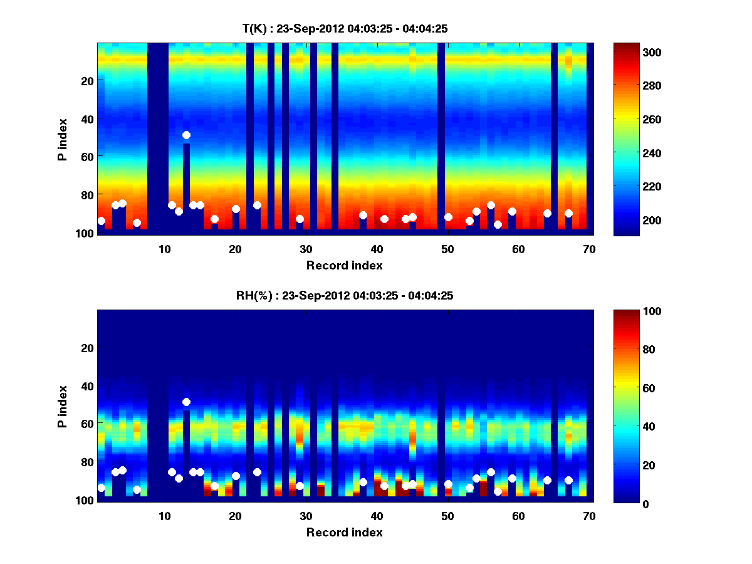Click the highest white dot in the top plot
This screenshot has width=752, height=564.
click(x=186, y=135)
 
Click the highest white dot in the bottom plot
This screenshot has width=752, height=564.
click(x=186, y=402)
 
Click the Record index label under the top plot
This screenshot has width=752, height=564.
click(x=344, y=266)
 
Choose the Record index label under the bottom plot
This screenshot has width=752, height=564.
click(x=344, y=533)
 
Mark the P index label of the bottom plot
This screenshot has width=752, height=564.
click(x=63, y=406)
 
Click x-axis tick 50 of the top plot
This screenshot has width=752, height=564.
click(x=447, y=249)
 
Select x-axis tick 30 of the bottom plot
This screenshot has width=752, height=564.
click(x=306, y=516)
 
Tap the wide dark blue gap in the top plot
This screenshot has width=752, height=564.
click(x=158, y=138)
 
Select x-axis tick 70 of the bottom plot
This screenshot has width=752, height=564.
click(x=589, y=516)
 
